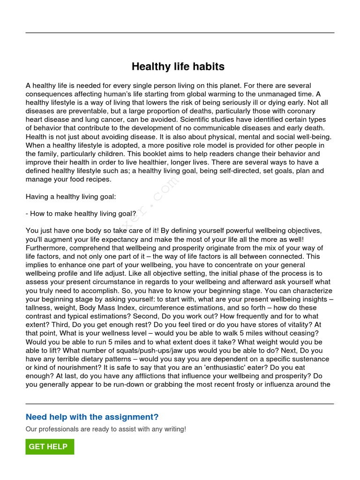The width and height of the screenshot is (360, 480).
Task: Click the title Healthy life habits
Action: coord(178,67)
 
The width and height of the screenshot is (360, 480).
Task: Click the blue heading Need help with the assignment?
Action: coord(92,417)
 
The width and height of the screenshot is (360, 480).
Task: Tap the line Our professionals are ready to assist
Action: coord(105,429)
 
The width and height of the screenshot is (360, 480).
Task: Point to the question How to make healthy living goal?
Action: coord(82,213)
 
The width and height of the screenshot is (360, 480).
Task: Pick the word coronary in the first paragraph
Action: coord(299,111)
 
